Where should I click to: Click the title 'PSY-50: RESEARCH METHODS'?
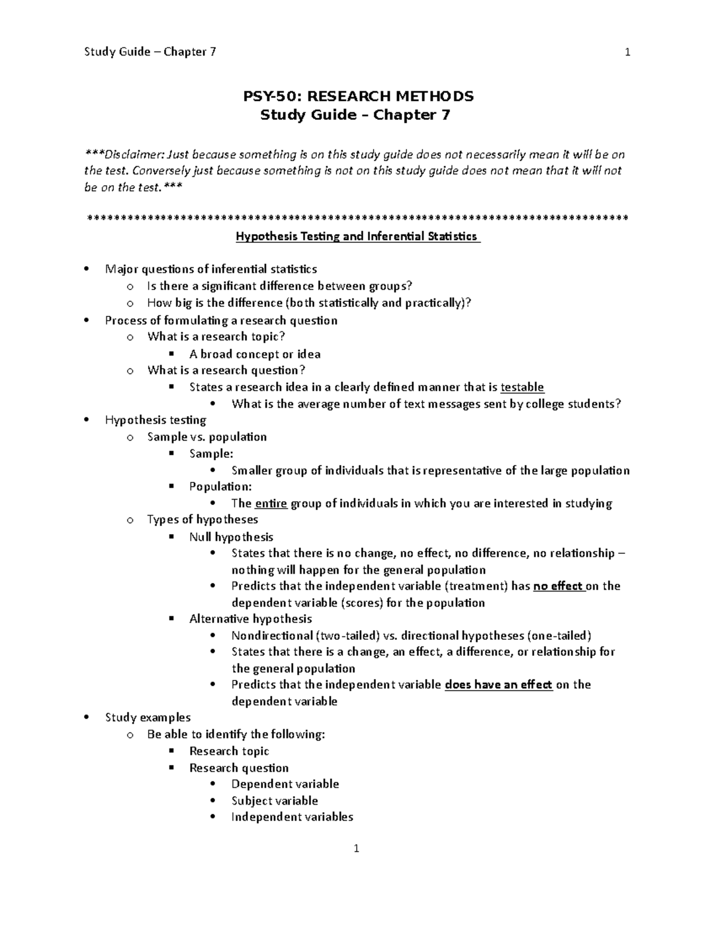point(357,96)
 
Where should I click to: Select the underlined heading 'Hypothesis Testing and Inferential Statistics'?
point(357,236)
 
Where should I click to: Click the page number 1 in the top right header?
point(627,52)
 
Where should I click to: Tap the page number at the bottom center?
point(356,848)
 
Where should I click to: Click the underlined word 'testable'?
point(522,387)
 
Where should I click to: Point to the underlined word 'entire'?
point(271,503)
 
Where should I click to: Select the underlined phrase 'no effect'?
point(558,586)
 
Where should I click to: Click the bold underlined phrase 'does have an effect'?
point(499,685)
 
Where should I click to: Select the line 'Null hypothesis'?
point(231,537)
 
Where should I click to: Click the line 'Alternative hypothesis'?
point(251,618)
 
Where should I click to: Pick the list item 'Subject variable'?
point(274,800)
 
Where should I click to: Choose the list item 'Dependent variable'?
point(285,784)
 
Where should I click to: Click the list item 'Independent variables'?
point(292,817)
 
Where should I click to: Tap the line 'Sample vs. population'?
point(207,437)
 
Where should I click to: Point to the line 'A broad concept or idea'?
point(255,354)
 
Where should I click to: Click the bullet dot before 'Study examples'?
point(87,717)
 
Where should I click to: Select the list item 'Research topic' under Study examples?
point(229,751)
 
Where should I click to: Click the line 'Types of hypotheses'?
point(203,519)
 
